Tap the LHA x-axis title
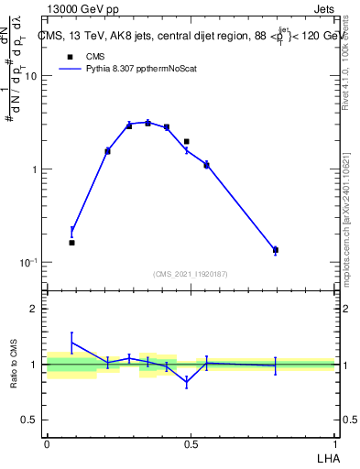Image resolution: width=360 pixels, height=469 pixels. [325, 456]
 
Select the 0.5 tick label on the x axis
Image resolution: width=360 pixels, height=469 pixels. [191, 443]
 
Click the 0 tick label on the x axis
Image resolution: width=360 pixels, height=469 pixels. [47, 443]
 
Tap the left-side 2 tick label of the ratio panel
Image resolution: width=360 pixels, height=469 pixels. [34, 309]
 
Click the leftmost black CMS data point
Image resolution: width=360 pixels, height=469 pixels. [71, 243]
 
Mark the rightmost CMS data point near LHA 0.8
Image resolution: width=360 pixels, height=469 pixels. [275, 249]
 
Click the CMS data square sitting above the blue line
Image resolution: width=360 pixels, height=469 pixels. [187, 142]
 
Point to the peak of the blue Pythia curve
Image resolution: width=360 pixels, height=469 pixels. [147, 122]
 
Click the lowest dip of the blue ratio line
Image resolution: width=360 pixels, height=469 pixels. [187, 383]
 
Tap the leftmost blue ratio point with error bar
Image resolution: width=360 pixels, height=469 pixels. [71, 342]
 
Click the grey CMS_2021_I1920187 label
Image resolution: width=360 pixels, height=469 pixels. [191, 274]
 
